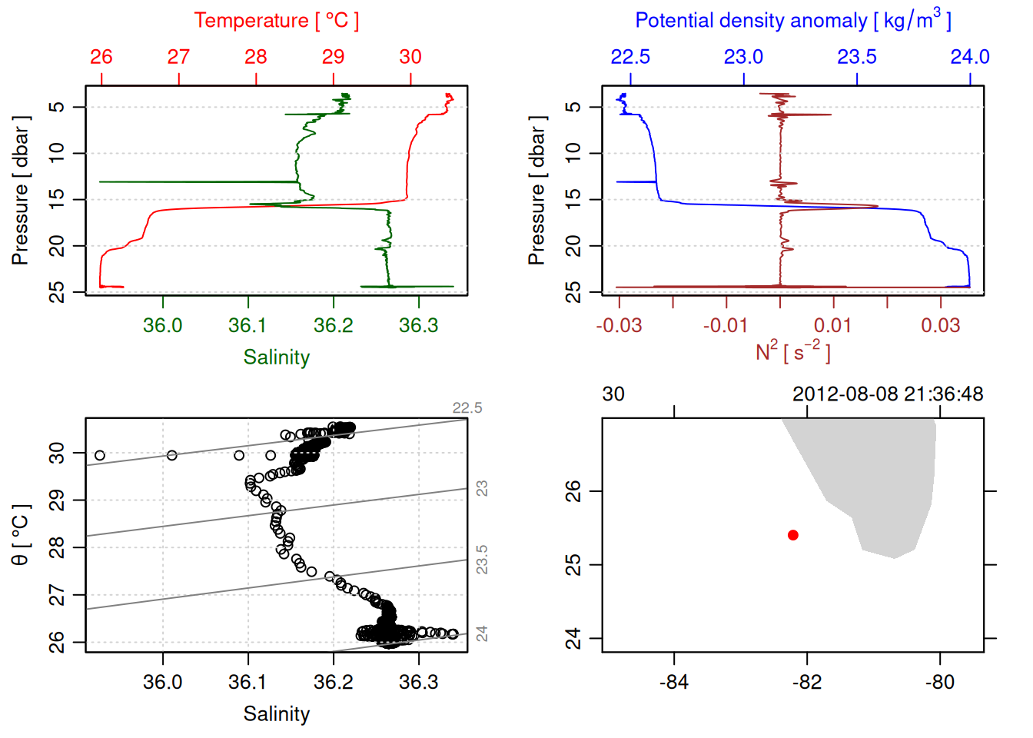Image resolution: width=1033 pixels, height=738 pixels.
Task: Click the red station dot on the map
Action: [x=793, y=535]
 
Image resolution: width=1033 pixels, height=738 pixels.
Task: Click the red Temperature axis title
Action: [x=276, y=21]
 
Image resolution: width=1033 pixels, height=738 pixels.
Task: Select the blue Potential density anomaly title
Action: [x=792, y=21]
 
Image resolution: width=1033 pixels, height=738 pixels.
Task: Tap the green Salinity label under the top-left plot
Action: [x=277, y=357]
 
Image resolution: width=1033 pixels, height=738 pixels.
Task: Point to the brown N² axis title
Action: [x=792, y=351]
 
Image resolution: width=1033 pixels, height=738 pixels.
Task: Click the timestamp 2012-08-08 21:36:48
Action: [x=888, y=394]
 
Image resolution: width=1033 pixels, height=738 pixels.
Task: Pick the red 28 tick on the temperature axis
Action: [x=256, y=57]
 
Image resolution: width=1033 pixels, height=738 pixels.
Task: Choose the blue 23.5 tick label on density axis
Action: [x=857, y=57]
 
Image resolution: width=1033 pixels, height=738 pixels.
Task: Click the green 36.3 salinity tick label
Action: [x=419, y=326]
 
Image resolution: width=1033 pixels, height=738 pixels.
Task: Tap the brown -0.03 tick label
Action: [x=619, y=326]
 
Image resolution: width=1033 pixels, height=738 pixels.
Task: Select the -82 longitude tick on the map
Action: [x=807, y=682]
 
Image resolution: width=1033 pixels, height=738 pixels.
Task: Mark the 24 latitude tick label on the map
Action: [x=573, y=639]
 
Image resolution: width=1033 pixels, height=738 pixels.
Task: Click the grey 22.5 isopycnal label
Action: [x=467, y=408]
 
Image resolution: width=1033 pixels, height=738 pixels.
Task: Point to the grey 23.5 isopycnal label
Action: [x=482, y=560]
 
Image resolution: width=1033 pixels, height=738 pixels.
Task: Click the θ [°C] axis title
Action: [x=20, y=535]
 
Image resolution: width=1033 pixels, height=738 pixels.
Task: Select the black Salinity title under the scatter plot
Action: [x=277, y=714]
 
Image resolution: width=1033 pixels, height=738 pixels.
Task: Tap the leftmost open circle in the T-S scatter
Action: [x=100, y=456]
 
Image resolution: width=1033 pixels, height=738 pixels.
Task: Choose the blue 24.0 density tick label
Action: [x=970, y=57]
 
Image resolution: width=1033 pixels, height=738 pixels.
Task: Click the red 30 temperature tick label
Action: [x=410, y=57]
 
